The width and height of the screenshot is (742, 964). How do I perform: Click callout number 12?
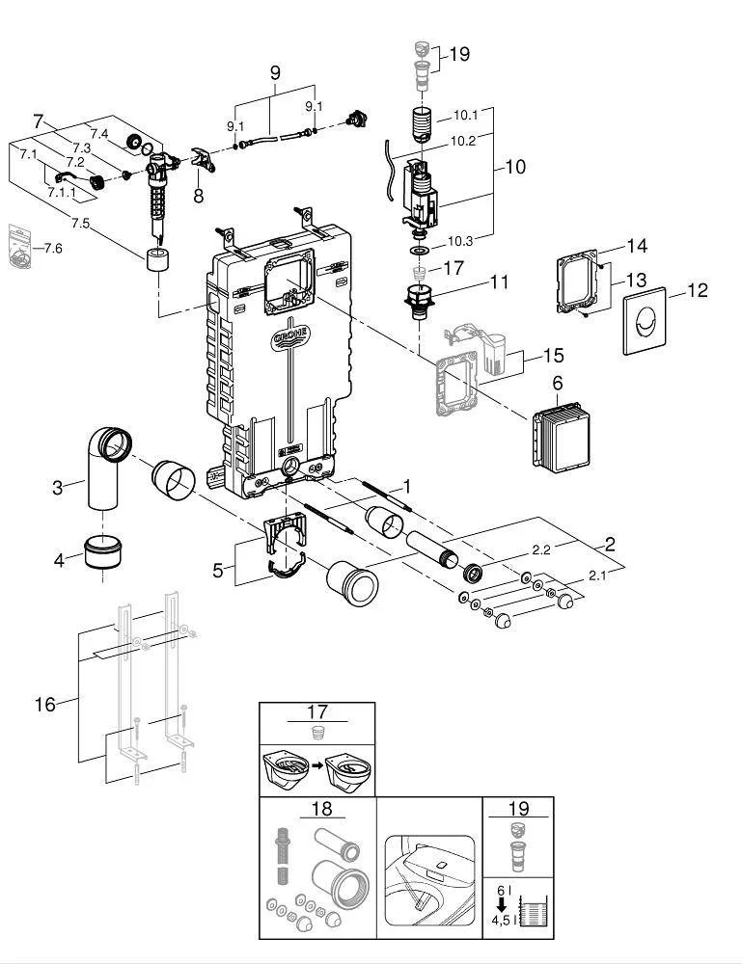pyautogui.click(x=697, y=290)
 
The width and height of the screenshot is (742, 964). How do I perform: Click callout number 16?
pyautogui.click(x=45, y=705)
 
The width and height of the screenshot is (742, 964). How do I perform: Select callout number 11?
pyautogui.click(x=498, y=282)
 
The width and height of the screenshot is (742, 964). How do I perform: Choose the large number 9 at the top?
pyautogui.click(x=274, y=72)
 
